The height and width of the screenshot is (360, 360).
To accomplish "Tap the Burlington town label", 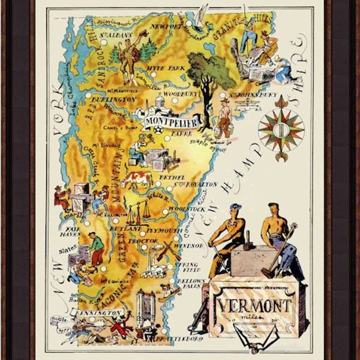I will [112, 98].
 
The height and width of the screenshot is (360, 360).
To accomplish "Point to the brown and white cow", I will [137, 179].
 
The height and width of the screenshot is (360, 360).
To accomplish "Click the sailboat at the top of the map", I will [203, 14].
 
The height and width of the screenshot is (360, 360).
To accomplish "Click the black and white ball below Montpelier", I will [158, 130].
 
